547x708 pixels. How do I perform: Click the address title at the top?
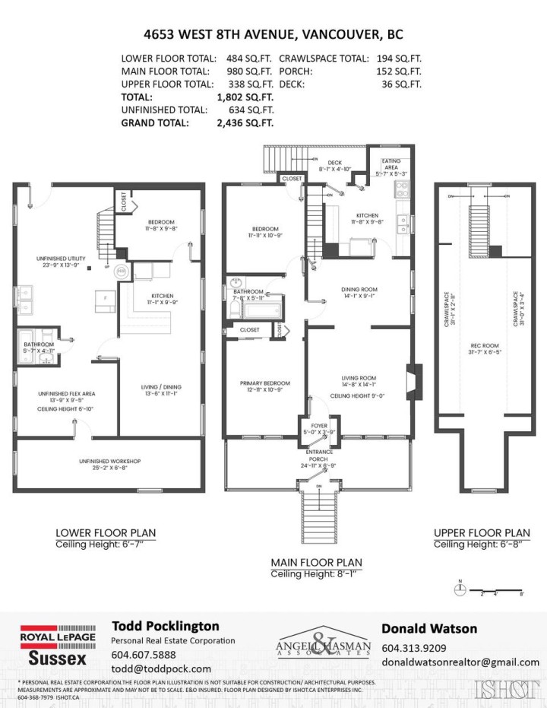coord(273,34)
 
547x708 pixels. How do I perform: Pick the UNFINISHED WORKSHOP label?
coord(109,462)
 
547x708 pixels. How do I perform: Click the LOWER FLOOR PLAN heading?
coord(106,533)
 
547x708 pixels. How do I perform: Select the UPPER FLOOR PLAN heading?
coord(482,533)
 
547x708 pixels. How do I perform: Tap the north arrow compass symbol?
coord(460,587)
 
